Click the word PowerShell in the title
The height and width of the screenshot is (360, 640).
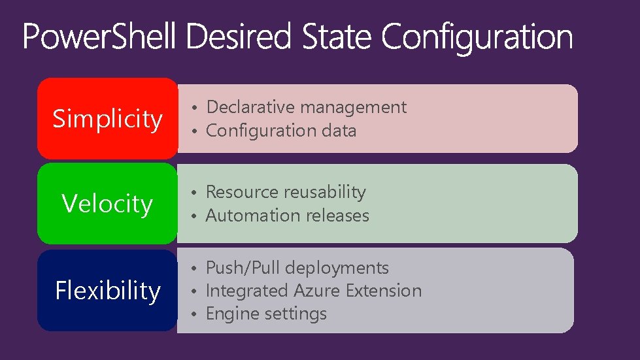(x=99, y=37)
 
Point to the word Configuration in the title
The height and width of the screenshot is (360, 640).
(x=477, y=38)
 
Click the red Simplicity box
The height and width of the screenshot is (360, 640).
(x=107, y=119)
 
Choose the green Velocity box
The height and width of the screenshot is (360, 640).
(x=107, y=204)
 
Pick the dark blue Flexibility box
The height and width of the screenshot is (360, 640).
(x=107, y=290)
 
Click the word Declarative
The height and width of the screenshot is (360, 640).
(x=245, y=107)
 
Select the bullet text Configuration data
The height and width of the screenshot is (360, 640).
(x=281, y=131)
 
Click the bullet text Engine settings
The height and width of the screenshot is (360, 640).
(x=266, y=314)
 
